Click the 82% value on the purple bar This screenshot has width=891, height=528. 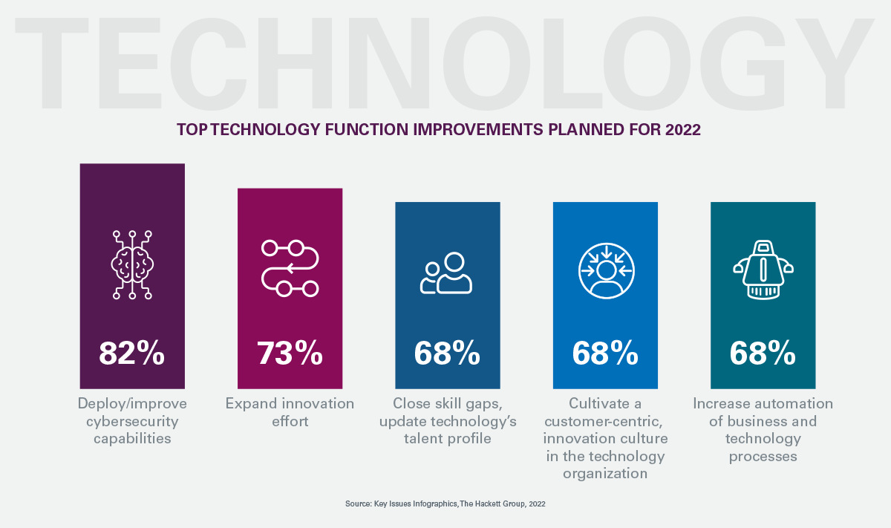(x=131, y=353)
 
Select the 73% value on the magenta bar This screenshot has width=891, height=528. (x=290, y=353)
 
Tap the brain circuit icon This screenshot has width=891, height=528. (x=132, y=264)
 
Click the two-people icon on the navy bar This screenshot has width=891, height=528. (x=446, y=273)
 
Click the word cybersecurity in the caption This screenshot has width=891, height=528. (x=132, y=421)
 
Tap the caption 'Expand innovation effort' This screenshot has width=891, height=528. (x=290, y=412)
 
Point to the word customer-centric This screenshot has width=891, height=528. (x=605, y=421)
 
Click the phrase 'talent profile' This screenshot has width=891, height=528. (x=446, y=438)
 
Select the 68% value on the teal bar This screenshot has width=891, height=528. (x=763, y=353)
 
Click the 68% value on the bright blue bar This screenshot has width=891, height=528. (x=605, y=353)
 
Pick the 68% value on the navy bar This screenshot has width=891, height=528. (x=447, y=353)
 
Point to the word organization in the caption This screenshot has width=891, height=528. (x=605, y=473)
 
